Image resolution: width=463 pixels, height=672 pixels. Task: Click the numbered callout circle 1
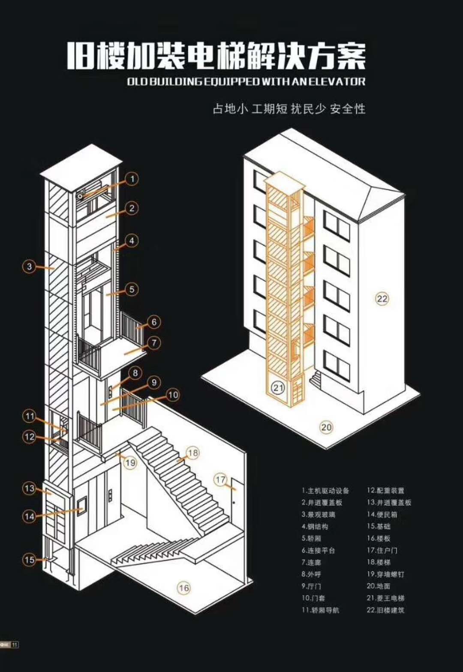tap(132, 179)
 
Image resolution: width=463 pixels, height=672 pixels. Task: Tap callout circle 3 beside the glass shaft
tap(29, 267)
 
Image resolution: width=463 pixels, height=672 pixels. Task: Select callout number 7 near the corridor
tap(154, 343)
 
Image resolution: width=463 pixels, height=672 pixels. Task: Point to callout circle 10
tap(173, 395)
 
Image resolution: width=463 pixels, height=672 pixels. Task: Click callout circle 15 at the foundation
tap(29, 560)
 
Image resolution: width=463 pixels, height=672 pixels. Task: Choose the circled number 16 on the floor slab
tap(184, 588)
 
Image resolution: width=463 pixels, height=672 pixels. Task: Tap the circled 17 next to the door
tap(220, 480)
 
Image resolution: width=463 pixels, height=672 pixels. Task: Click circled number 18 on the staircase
tap(193, 453)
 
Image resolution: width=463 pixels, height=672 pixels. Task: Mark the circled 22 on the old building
tap(382, 298)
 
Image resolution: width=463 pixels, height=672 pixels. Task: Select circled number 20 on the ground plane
tap(326, 427)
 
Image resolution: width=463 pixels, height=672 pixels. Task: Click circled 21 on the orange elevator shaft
tap(278, 388)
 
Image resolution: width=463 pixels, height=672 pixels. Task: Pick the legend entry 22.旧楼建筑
tap(385, 610)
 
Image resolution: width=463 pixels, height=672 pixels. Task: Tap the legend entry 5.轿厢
tap(311, 538)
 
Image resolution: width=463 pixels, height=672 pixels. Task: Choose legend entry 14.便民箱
tap(382, 514)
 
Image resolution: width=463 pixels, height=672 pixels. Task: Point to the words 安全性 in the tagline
tap(348, 109)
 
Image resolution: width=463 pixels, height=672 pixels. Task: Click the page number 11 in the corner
tap(15, 645)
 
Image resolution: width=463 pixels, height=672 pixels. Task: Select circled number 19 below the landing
tap(130, 462)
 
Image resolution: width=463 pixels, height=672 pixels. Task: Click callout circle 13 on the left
tap(29, 488)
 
